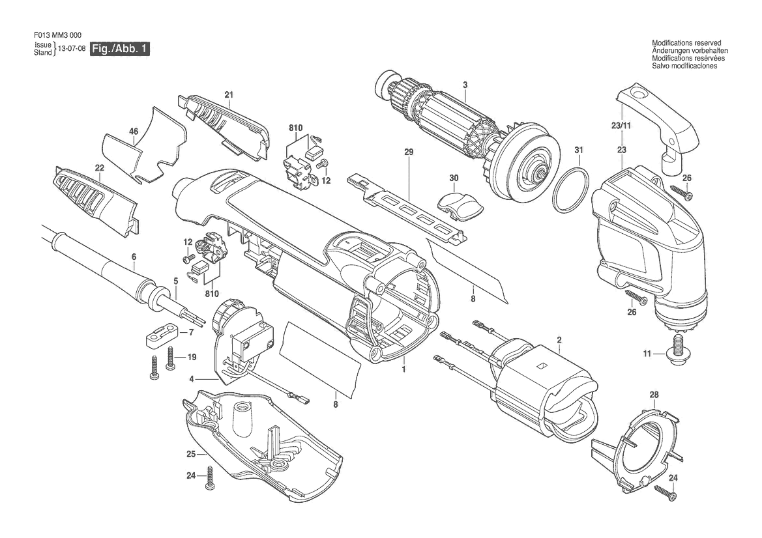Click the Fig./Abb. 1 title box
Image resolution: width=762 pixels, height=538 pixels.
click(119, 49)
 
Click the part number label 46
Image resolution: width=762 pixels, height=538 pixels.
click(134, 131)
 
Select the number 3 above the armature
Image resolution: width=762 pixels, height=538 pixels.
click(465, 85)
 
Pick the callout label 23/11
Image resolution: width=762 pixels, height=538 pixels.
click(621, 126)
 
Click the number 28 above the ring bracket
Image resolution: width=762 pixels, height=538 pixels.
click(654, 395)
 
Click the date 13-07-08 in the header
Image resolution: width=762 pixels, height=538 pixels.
click(72, 49)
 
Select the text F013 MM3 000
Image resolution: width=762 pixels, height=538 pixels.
click(58, 35)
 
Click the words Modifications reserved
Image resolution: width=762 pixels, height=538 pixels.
click(686, 43)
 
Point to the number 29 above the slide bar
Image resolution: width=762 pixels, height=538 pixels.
click(409, 152)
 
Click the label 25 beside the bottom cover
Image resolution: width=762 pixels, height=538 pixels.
click(191, 454)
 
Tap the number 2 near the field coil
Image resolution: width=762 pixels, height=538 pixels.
click(559, 340)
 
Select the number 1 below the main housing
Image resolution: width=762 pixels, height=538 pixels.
click(403, 369)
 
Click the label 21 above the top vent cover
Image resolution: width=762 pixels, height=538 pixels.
click(229, 94)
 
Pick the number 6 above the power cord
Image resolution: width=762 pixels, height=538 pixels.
click(134, 257)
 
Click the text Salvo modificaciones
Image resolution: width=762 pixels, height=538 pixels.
click(684, 66)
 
